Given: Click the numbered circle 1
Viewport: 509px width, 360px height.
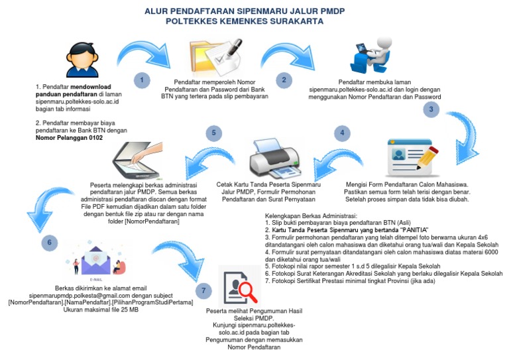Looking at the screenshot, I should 141,80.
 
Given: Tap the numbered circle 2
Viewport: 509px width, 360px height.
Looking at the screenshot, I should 284,80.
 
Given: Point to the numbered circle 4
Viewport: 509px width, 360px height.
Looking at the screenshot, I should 342,133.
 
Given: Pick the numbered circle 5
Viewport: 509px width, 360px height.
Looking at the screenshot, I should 213,133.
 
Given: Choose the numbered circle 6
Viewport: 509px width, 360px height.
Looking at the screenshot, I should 48,243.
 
